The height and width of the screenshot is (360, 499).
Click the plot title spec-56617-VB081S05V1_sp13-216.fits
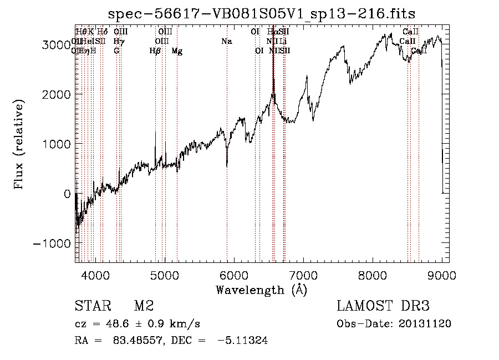tap(262, 13)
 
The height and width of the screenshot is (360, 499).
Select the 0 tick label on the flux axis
tap(67, 194)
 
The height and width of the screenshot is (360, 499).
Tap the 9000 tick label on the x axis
tap(441, 273)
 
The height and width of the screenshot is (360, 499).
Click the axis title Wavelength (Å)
tap(261, 290)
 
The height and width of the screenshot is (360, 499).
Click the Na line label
tap(226, 42)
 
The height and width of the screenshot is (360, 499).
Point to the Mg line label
tap(177, 51)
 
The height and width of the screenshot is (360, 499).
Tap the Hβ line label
tap(155, 51)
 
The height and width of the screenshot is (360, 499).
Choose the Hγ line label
tap(119, 42)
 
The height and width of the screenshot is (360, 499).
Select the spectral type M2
tap(144, 306)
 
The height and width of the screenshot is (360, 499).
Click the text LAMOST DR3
tap(383, 306)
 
